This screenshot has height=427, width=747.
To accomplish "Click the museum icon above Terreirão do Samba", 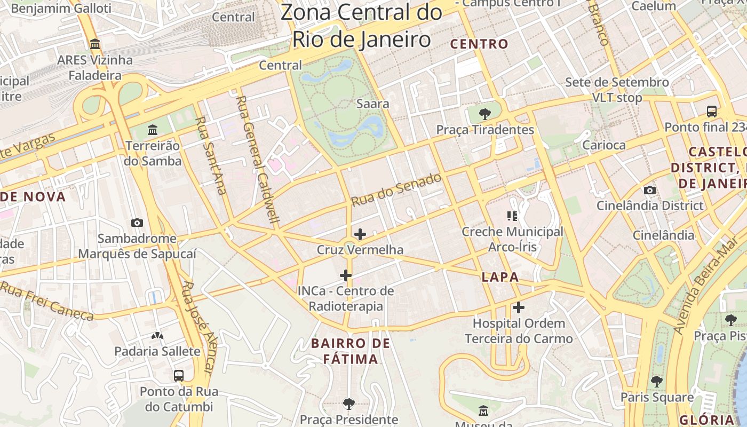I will (x=153, y=130).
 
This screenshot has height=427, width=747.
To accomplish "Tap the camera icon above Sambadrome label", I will (x=137, y=223).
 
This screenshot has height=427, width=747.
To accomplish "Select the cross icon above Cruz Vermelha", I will (x=360, y=234).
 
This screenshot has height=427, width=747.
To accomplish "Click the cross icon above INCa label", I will (x=346, y=275).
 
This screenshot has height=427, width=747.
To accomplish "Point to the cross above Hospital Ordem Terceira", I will (x=518, y=307).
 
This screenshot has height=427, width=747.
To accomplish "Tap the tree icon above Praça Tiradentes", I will (x=484, y=114).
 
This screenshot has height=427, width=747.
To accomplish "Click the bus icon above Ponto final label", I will (x=711, y=111).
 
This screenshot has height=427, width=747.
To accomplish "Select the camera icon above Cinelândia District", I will (x=649, y=190).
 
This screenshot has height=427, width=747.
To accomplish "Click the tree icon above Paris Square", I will (x=657, y=381).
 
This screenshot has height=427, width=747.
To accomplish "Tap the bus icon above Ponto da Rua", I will (x=179, y=375).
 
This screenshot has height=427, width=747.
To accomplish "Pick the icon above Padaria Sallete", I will (x=157, y=336).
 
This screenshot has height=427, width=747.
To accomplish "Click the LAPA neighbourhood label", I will (x=500, y=277).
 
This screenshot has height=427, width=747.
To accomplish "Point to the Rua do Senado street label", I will (x=396, y=189).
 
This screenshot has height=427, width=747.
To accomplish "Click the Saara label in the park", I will (x=372, y=104).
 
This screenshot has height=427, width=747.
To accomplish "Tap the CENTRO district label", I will (x=479, y=44).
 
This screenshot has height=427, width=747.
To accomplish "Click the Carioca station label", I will (x=603, y=145).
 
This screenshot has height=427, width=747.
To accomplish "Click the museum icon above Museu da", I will (x=483, y=411).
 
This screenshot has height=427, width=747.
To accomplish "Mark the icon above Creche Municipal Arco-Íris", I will (x=512, y=216).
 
